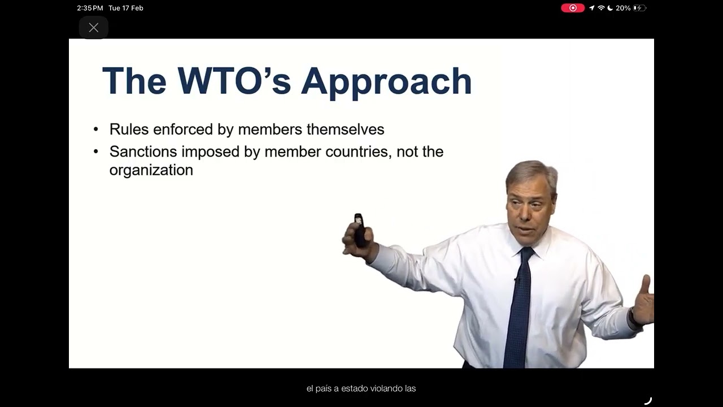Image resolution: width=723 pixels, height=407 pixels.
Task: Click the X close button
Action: (x=94, y=28)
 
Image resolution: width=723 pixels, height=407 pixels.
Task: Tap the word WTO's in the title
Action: (x=234, y=81)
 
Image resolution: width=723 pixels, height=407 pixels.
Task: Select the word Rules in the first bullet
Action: (x=129, y=129)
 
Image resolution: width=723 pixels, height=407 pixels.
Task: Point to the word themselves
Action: (x=345, y=129)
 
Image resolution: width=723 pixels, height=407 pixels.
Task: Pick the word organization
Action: (x=151, y=170)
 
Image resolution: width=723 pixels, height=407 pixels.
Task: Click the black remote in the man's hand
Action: (x=359, y=230)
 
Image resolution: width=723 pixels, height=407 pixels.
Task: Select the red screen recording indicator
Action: (x=573, y=8)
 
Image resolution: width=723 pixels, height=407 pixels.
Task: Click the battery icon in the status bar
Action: (x=640, y=8)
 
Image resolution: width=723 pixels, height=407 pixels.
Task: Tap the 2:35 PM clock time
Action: (x=90, y=8)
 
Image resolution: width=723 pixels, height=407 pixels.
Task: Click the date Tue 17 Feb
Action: (x=126, y=8)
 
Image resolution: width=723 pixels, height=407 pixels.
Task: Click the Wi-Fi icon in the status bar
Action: (x=601, y=8)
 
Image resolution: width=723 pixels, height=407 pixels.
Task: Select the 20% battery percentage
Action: (x=623, y=8)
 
